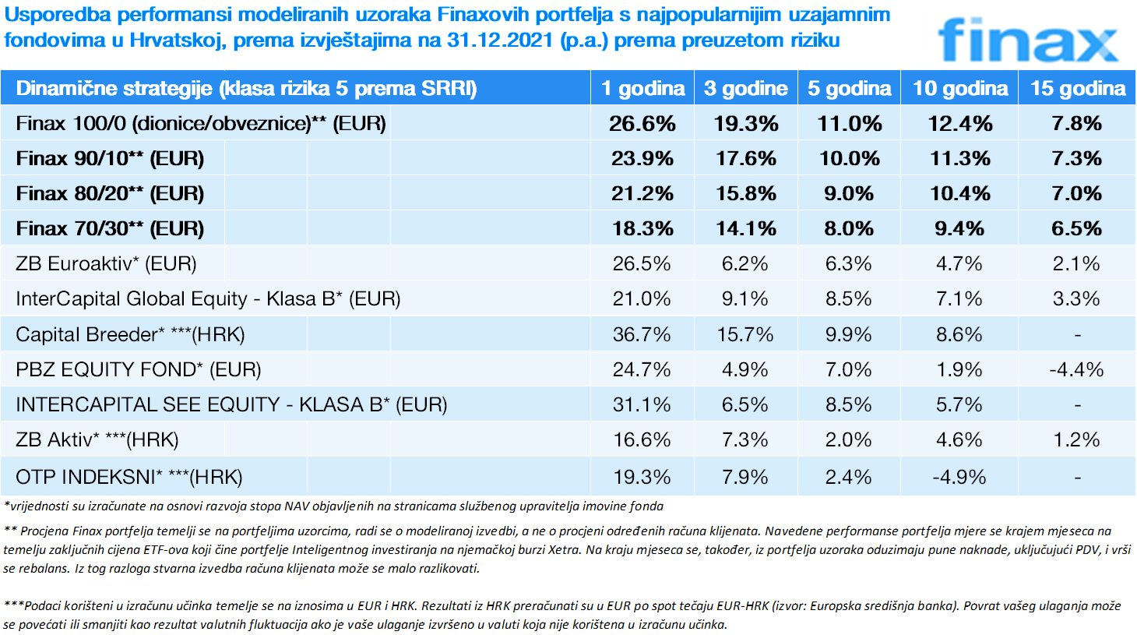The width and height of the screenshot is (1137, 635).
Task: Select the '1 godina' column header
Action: (642, 89)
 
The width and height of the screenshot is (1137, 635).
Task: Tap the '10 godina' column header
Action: (959, 89)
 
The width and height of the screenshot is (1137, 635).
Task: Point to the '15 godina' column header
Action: (1077, 89)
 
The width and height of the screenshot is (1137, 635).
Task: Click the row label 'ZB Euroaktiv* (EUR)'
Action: (106, 264)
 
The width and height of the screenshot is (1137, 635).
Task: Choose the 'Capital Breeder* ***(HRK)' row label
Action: (130, 335)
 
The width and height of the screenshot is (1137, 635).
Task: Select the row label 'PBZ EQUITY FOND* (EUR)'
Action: (138, 370)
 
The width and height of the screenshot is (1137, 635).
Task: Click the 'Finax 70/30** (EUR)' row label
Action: (110, 229)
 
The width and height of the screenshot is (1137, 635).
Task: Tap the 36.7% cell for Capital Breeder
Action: (642, 335)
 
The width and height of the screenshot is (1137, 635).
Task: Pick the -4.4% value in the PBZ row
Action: (1076, 370)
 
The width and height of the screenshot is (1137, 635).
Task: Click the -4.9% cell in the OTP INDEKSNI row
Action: (959, 477)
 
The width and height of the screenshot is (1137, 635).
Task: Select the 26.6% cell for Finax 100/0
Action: (642, 124)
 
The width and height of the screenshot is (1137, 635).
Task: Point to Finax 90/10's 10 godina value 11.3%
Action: (959, 159)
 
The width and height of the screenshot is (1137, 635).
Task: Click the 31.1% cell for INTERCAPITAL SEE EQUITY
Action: (642, 405)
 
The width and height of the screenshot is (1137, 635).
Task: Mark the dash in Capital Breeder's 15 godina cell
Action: (1077, 335)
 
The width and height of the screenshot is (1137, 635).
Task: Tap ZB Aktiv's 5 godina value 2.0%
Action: (848, 440)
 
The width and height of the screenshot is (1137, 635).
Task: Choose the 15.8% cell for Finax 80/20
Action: (745, 194)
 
